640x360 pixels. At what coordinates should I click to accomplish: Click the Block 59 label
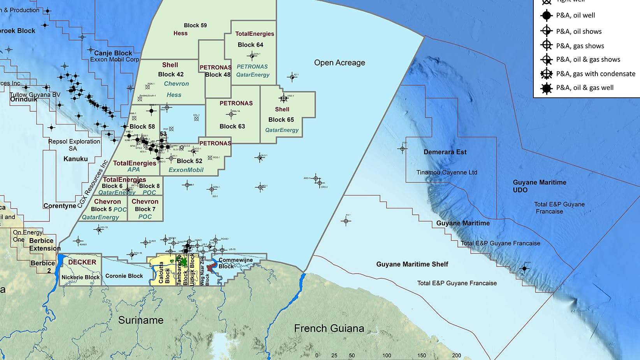coord(195,25)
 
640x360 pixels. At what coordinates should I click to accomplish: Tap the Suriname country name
coord(141,320)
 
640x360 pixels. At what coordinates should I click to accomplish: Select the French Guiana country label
coord(329,328)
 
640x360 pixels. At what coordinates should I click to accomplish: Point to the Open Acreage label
coord(339,63)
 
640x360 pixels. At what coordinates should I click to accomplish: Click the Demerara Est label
coord(445,152)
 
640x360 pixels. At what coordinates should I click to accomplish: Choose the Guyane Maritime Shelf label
coord(412,264)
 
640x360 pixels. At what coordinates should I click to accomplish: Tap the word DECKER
coord(82,262)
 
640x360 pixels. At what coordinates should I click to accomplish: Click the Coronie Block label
coord(124,276)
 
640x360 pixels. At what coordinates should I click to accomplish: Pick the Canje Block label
coord(113,53)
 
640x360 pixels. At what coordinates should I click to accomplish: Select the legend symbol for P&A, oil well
coord(547,16)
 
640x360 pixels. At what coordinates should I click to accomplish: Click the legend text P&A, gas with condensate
coord(596,74)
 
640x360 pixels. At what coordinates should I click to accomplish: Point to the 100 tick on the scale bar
coord(387,355)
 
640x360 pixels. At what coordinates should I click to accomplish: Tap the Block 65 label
coord(281,119)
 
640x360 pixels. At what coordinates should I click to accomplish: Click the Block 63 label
coord(232,126)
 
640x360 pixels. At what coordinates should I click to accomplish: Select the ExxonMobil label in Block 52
coord(186,170)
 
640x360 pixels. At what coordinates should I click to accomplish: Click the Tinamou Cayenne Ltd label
coord(447,172)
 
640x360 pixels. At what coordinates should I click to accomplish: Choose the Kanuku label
coord(76,159)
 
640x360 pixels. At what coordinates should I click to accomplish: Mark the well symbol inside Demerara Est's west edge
coord(403,149)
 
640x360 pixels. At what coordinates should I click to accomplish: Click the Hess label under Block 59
coord(180,33)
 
